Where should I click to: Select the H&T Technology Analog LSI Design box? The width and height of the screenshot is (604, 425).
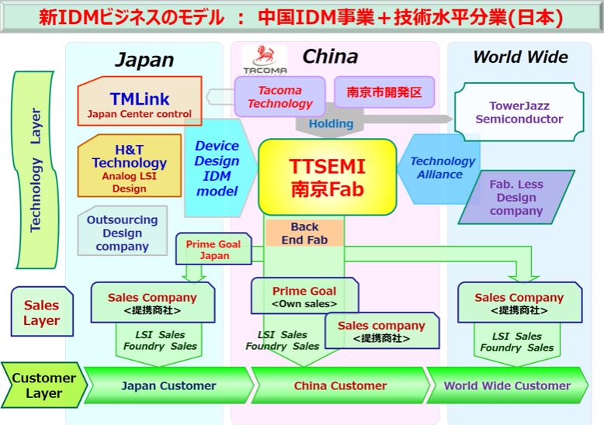[129, 167]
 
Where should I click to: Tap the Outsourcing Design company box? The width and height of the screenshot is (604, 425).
[122, 233]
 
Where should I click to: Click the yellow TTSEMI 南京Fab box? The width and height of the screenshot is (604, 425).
[327, 177]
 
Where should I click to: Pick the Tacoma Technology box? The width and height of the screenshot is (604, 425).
[279, 97]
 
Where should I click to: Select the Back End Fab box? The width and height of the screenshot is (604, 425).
[304, 233]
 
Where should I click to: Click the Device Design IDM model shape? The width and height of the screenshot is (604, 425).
[217, 168]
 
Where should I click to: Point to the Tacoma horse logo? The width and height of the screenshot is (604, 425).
[263, 58]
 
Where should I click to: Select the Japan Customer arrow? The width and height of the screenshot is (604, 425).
[168, 385]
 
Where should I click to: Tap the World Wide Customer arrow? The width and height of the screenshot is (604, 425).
[507, 385]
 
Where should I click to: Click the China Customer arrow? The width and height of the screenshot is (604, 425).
[340, 385]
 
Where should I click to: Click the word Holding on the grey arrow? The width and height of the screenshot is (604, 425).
[331, 124]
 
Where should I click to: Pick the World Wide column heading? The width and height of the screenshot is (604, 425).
[519, 57]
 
